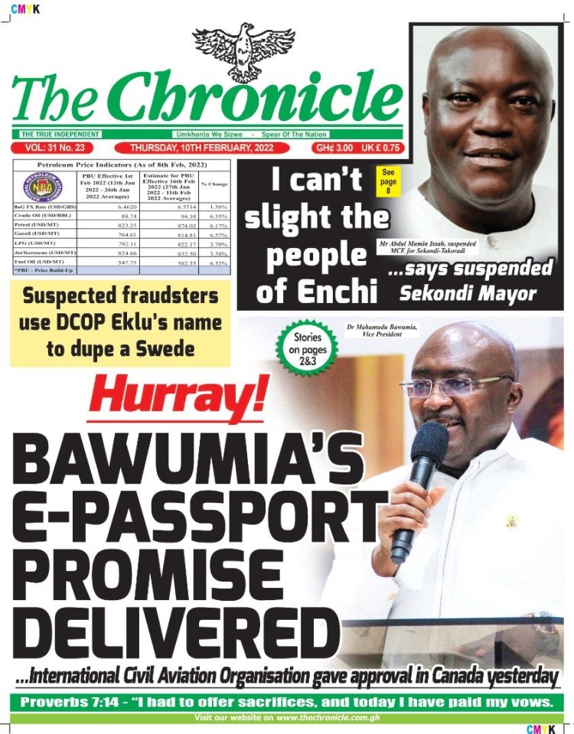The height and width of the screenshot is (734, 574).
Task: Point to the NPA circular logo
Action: [x=44, y=188]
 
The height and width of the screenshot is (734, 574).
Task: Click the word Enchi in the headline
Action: [x=337, y=291]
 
